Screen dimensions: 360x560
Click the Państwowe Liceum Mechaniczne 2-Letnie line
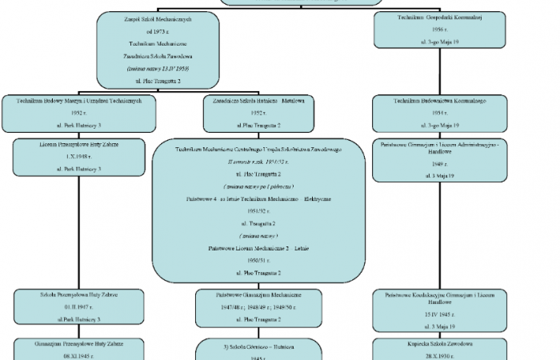click(x=258, y=249)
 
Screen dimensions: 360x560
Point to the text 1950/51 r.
click(x=258, y=261)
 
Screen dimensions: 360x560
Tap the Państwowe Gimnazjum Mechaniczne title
click(x=258, y=294)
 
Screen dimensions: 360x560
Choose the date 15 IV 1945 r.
click(x=439, y=314)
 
